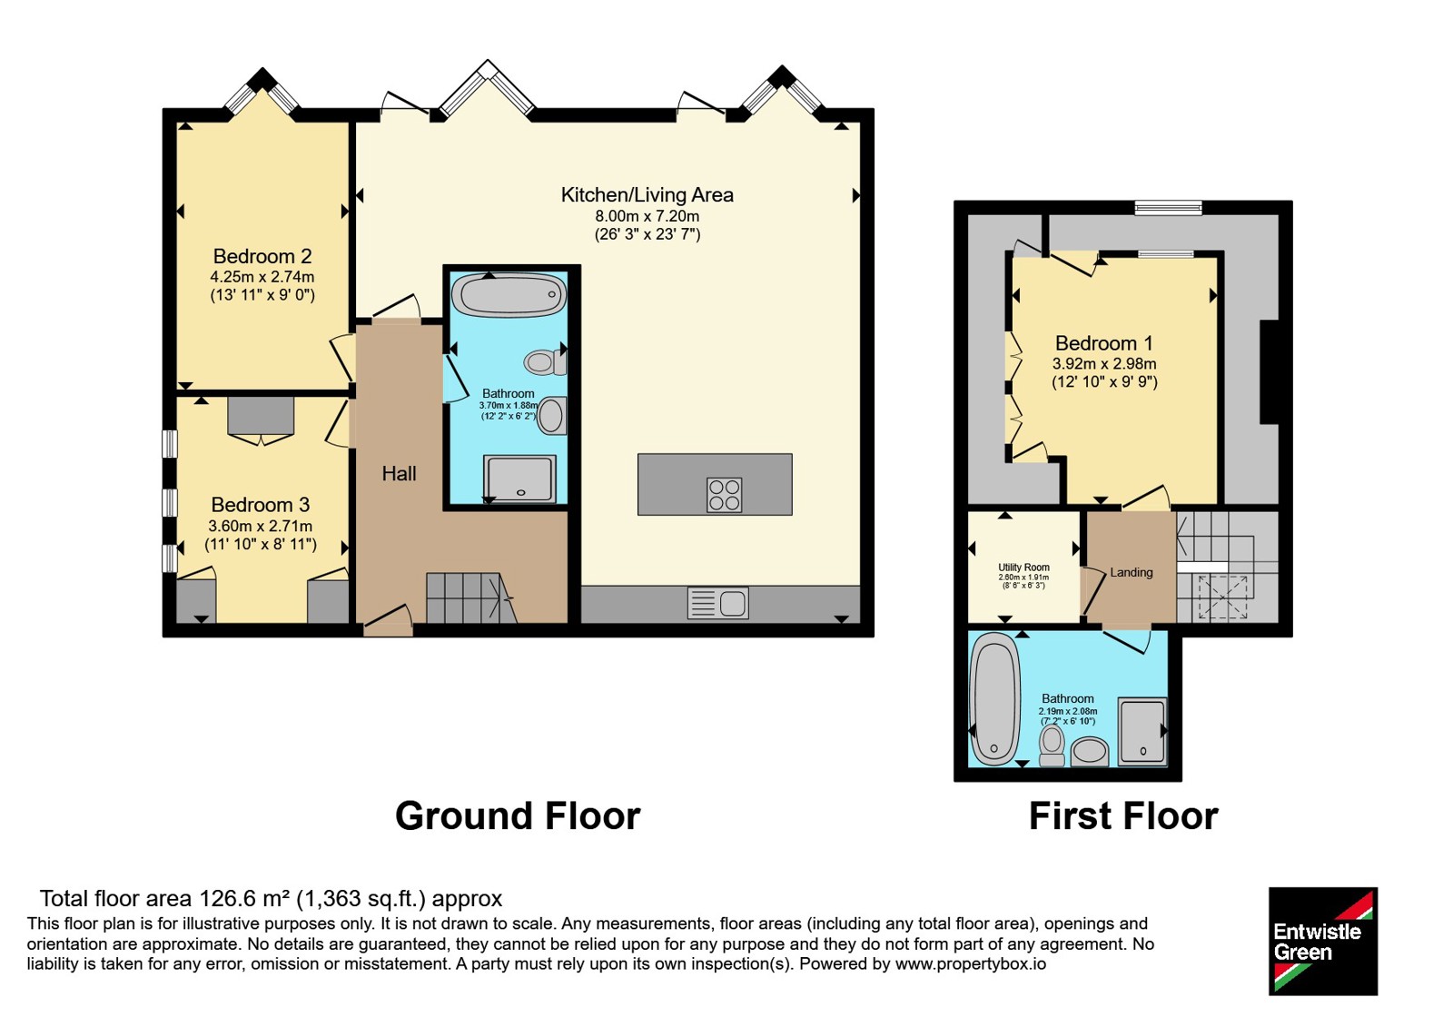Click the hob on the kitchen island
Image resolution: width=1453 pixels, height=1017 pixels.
tap(724, 496)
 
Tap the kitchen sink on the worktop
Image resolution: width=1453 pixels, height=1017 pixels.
tap(718, 603)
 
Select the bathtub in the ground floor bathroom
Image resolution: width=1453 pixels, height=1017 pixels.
tap(509, 295)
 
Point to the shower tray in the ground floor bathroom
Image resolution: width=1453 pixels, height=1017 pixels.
tap(520, 479)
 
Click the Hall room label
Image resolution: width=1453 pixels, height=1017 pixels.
tap(399, 473)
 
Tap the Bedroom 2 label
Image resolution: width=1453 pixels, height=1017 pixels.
tap(262, 256)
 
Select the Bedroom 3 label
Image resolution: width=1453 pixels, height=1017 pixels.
tap(261, 505)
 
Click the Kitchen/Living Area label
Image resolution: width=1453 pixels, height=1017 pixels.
tap(647, 194)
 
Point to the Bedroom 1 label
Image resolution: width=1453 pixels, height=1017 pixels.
tap(1104, 342)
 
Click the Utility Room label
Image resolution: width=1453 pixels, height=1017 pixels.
tap(1023, 568)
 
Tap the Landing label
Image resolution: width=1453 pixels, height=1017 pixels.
tap(1132, 572)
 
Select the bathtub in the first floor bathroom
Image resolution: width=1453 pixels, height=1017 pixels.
tap(993, 699)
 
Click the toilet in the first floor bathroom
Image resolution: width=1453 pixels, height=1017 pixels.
tap(1053, 745)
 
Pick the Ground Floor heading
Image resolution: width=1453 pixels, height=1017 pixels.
tap(518, 816)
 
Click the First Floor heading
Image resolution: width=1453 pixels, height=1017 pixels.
tap(1123, 816)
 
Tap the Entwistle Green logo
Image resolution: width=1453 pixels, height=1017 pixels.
tap(1323, 941)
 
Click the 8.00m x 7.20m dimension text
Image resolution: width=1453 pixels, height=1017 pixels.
tap(647, 216)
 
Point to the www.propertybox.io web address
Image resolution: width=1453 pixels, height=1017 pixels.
tap(971, 963)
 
